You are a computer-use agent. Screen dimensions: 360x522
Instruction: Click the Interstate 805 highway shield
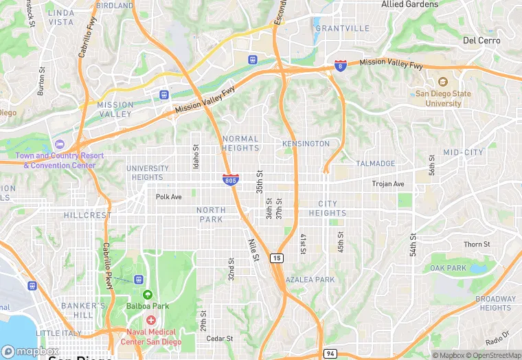231,179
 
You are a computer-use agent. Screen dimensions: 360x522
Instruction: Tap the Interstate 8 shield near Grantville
340,65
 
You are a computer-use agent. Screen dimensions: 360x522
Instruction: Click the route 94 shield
330,353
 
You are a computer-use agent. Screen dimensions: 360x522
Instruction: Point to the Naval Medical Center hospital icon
150,321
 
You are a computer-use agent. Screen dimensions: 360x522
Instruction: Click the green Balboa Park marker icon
146,295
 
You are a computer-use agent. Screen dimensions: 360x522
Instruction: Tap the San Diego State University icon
442,82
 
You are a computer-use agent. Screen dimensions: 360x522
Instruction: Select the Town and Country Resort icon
59,144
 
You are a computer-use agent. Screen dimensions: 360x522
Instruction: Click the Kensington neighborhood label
306,144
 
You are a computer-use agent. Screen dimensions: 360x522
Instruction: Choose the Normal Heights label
241,143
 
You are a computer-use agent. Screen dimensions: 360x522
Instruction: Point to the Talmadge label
375,164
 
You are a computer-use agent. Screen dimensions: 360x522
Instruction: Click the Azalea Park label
310,280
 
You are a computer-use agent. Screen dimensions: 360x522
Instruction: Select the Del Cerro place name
481,41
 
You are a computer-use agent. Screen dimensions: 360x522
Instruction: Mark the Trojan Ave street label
388,184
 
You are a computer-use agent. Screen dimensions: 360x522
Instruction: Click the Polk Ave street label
168,196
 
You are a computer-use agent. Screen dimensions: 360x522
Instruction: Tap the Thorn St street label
477,245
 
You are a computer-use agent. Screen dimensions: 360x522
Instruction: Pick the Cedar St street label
220,339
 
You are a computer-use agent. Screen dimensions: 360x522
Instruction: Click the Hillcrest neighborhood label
87,215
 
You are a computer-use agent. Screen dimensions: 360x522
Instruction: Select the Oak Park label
448,268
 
